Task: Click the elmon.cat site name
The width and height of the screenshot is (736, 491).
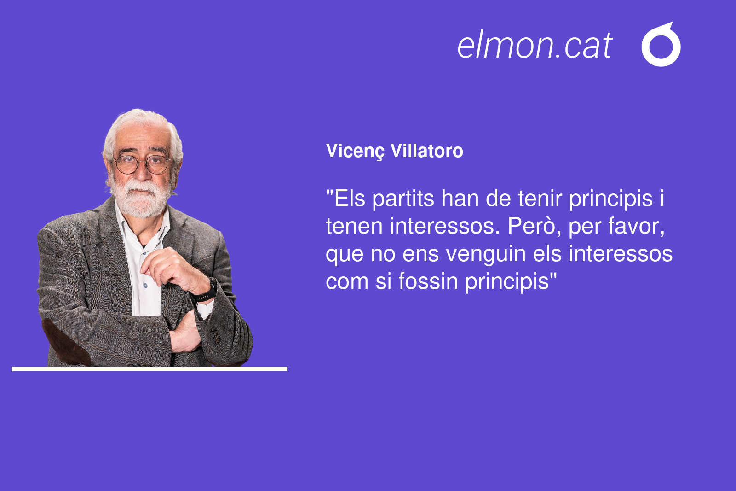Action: click(535, 45)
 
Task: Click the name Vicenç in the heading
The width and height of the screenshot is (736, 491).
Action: click(355, 152)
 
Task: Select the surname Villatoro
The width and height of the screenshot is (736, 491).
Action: click(427, 151)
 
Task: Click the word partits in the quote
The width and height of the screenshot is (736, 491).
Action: click(403, 199)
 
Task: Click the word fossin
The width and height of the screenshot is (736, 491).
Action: click(428, 281)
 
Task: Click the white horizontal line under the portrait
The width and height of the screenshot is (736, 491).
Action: click(149, 369)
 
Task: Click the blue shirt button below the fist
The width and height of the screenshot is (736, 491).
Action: click(145, 286)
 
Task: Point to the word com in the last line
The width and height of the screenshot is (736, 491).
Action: click(347, 282)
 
